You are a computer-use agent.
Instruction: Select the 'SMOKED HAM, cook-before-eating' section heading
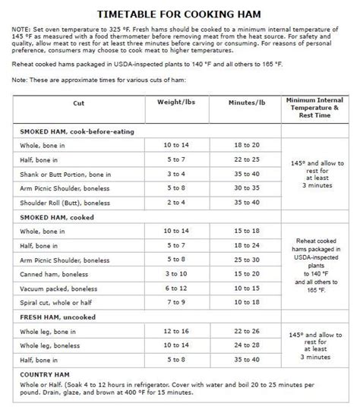pos(77,131)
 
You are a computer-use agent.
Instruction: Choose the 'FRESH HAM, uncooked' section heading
pos(58,315)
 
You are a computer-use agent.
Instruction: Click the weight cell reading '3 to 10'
pos(175,273)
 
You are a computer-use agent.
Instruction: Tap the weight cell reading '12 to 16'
pos(175,331)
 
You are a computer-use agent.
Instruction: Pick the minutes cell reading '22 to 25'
pos(247,160)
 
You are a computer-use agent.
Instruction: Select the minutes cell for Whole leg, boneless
pos(247,346)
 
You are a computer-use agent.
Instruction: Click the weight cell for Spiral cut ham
pos(175,302)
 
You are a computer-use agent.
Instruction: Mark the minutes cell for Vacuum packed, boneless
pos(247,287)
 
